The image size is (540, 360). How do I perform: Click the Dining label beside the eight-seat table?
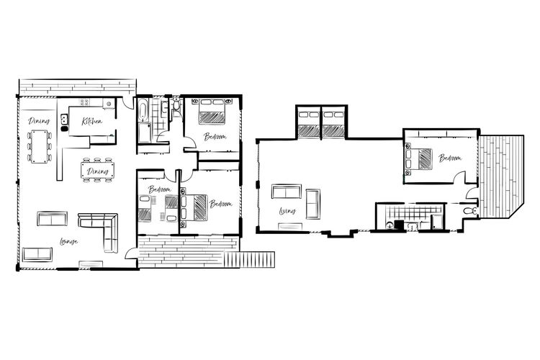click(38, 121)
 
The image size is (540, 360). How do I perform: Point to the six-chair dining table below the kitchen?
click(97, 171)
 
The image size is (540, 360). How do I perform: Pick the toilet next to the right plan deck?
click(469, 210)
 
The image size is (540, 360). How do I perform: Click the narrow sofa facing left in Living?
click(314, 202)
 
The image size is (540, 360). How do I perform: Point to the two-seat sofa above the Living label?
click(287, 192)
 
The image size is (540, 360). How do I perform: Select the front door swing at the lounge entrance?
click(130, 252)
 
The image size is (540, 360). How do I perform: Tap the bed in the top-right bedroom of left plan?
click(212, 114)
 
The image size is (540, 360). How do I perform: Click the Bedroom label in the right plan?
click(451, 158)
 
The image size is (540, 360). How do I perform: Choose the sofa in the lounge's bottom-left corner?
click(37, 254)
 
